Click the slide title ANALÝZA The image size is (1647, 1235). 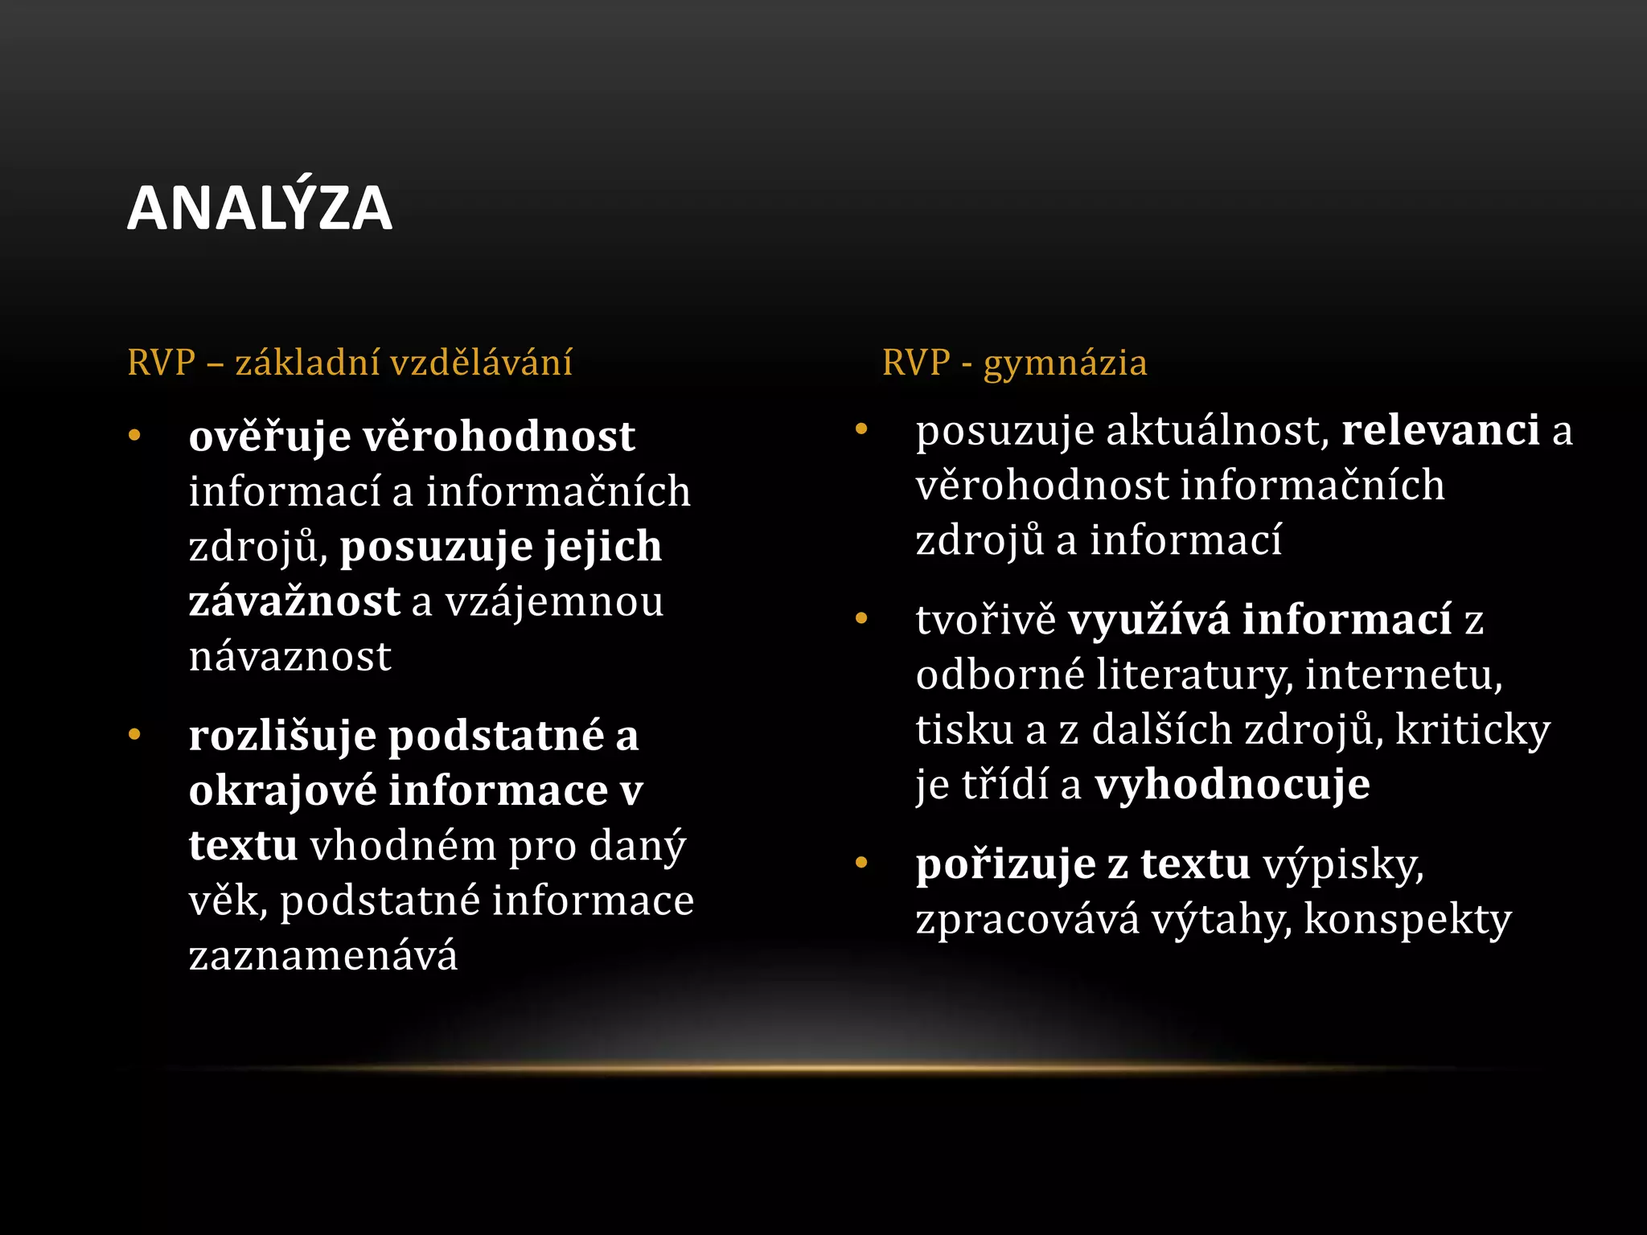tap(259, 208)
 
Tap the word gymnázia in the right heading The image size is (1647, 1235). tap(1065, 363)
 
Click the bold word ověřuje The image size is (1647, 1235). tap(269, 437)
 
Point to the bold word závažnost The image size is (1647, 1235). tap(294, 601)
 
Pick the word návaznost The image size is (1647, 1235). tap(290, 657)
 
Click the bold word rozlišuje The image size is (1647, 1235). tap(282, 736)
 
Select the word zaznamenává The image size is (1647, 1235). tap(323, 956)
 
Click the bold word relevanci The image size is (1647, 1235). tap(1440, 431)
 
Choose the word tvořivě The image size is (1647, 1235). tap(985, 620)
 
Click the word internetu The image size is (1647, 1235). tap(1403, 675)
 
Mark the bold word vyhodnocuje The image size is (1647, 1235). tap(1232, 785)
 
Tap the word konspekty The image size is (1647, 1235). tap(1407, 920)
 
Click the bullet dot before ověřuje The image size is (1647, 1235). tap(134, 436)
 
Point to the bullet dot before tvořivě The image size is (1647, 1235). tap(861, 618)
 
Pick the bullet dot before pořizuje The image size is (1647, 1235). tap(861, 863)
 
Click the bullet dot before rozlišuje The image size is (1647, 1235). tap(134, 735)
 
